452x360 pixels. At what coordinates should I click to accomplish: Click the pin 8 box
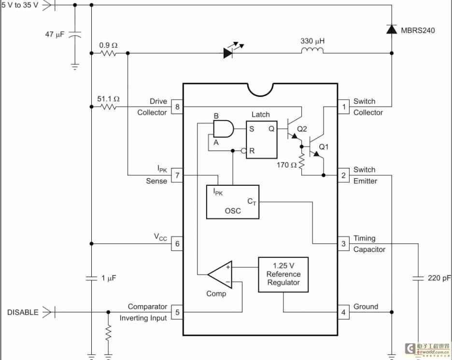point(177,107)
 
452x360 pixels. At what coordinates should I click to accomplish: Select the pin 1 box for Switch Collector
point(343,107)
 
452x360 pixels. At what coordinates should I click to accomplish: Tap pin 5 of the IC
point(177,312)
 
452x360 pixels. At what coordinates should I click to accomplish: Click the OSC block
point(232,202)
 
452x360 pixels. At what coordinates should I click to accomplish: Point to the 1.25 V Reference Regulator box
point(283,274)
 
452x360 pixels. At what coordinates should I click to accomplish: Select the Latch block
point(262,140)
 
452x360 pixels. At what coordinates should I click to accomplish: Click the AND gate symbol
point(223,129)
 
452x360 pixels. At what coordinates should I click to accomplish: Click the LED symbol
point(229,53)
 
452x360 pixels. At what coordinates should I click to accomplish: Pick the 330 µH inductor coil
point(312,52)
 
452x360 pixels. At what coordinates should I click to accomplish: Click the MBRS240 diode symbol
point(391,29)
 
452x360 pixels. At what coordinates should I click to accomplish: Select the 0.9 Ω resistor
point(109,53)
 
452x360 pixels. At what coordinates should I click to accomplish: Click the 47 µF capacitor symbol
point(75,35)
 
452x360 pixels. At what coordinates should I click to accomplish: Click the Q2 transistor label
point(302,129)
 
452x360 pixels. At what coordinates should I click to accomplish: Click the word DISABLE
point(23,312)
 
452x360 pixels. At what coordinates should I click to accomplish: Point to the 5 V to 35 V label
point(20,5)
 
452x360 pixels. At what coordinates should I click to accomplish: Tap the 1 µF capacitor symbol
point(91,278)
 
